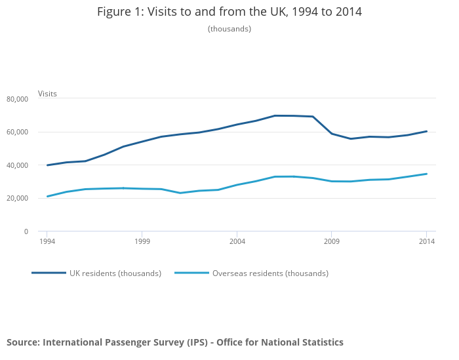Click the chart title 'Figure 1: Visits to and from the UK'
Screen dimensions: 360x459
pos(229,12)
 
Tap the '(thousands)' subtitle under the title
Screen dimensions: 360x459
pos(229,29)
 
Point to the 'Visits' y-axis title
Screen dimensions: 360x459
pos(47,94)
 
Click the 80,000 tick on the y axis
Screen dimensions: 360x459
pos(17,99)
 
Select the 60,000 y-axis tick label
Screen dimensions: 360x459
pos(17,132)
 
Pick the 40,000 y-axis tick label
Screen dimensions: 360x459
pos(17,165)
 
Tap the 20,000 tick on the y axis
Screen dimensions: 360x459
pos(17,199)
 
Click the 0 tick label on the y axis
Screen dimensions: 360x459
pos(26,231)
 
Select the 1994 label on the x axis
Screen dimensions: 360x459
pos(47,242)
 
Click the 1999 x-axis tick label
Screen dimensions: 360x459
pos(142,242)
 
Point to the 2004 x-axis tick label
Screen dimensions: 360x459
pos(237,242)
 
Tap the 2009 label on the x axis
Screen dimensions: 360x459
pos(332,242)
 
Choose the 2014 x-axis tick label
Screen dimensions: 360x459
pos(427,242)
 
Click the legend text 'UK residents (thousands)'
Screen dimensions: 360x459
pos(115,273)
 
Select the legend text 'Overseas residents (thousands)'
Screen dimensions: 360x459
pos(270,273)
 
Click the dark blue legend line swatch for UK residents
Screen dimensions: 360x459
pos(49,273)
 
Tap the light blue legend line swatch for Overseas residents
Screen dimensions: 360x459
pos(191,273)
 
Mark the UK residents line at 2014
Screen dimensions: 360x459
pos(427,131)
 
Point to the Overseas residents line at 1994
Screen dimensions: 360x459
pos(47,196)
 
